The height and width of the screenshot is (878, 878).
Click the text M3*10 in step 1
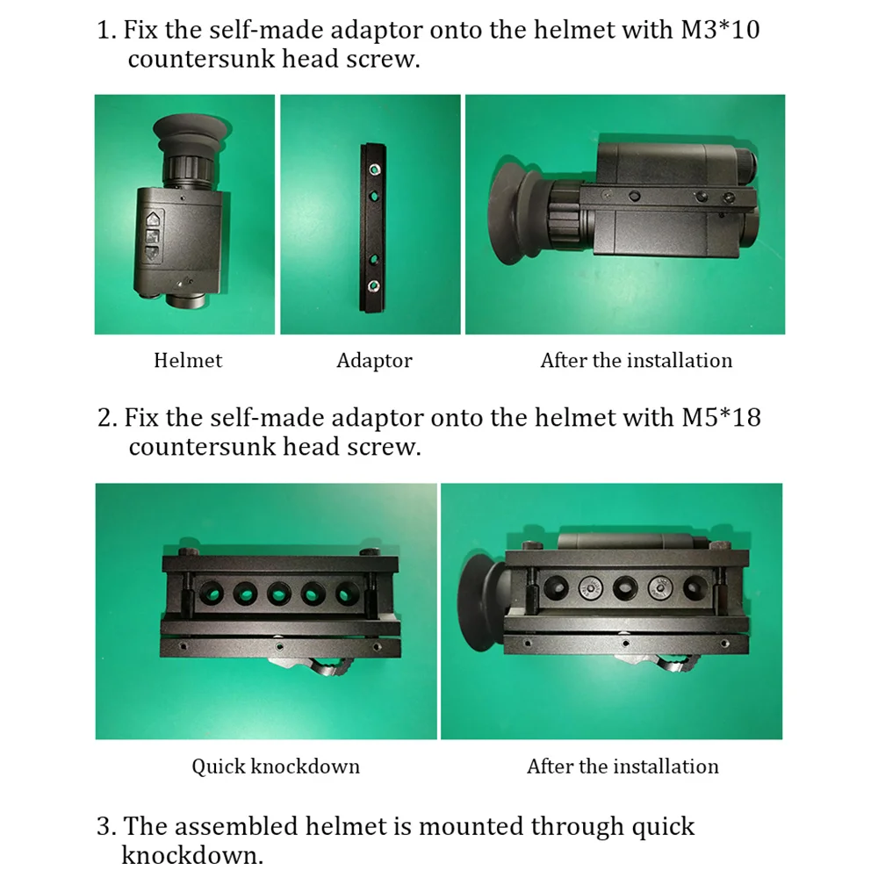pyautogui.click(x=720, y=29)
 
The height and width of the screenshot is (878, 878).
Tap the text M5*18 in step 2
pyautogui.click(x=721, y=417)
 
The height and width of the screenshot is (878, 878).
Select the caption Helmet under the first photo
pyautogui.click(x=188, y=360)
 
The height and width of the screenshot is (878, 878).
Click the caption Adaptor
pyautogui.click(x=374, y=361)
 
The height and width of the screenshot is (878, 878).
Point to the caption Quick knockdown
pyautogui.click(x=276, y=766)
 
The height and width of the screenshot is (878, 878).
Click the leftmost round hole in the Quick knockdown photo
pyautogui.click(x=211, y=592)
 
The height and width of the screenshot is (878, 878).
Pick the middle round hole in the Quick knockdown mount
pyautogui.click(x=279, y=593)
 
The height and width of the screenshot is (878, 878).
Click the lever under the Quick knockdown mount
pyautogui.click(x=314, y=666)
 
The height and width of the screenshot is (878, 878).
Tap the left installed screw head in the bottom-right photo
pyautogui.click(x=590, y=588)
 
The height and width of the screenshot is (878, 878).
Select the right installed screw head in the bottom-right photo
pyautogui.click(x=660, y=588)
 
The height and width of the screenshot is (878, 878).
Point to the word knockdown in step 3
pyautogui.click(x=191, y=855)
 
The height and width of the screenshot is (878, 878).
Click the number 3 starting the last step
pyautogui.click(x=104, y=826)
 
